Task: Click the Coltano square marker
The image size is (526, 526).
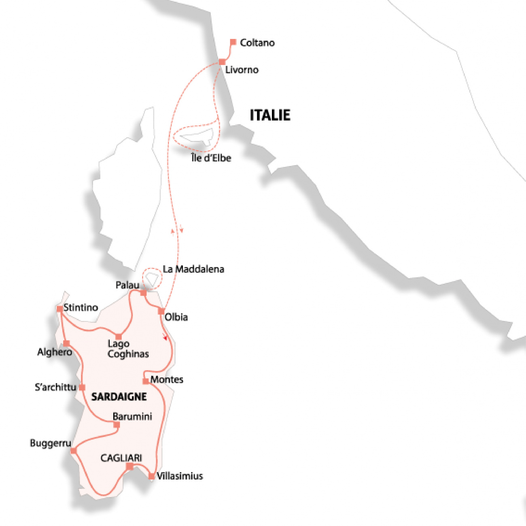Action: tap(233, 42)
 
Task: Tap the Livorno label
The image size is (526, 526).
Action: tap(242, 70)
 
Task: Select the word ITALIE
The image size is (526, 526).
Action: tap(270, 115)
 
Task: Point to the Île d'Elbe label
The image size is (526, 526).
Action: tap(211, 158)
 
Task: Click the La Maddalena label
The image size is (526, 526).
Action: tap(193, 269)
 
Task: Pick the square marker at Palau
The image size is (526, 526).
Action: tap(143, 293)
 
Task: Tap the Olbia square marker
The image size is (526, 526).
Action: tap(161, 311)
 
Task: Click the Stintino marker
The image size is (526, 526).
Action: tap(60, 309)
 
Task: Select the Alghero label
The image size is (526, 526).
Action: tap(54, 352)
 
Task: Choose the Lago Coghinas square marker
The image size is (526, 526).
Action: tap(119, 336)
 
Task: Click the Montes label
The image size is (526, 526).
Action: tap(167, 379)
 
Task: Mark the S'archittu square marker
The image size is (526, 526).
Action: tap(82, 388)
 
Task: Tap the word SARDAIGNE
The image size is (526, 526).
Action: tap(119, 397)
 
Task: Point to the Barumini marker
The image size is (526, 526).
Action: tap(117, 425)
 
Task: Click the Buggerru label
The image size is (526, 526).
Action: tap(51, 443)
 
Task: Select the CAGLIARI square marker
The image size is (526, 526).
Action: tap(129, 466)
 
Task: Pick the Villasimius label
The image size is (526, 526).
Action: tap(180, 476)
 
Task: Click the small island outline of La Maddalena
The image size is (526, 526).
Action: tap(152, 279)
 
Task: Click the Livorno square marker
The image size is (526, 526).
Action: tap(222, 62)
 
